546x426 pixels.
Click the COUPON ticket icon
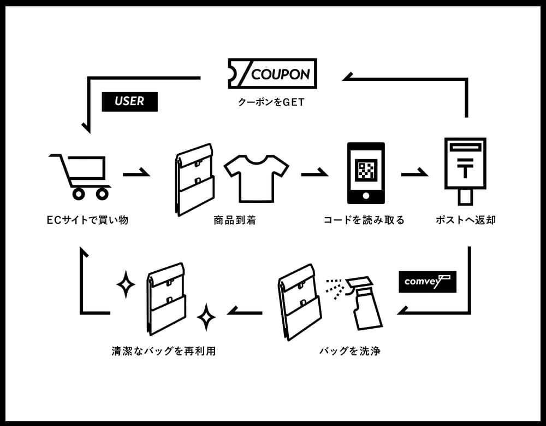click(272, 73)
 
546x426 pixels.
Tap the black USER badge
click(129, 102)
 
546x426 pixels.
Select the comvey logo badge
click(428, 282)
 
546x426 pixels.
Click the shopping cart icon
click(80, 177)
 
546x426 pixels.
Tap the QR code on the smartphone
click(366, 170)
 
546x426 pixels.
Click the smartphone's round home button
click(366, 196)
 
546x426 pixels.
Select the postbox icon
click(465, 171)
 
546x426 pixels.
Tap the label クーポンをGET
click(271, 102)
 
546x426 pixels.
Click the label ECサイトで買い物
click(87, 220)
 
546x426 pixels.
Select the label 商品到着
click(235, 220)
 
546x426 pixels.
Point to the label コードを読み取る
click(364, 220)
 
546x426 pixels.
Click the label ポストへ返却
click(466, 220)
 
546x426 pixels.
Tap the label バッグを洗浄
click(350, 351)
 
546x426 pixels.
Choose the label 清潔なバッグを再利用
click(164, 351)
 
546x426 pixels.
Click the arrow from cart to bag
click(136, 173)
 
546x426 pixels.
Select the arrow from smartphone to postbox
click(415, 173)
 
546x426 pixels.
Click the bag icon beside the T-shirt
click(194, 180)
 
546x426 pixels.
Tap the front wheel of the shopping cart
click(103, 194)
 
